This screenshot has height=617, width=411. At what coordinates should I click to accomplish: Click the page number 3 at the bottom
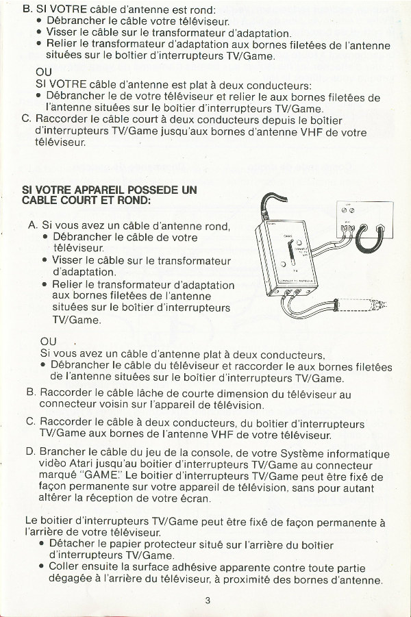point(208,601)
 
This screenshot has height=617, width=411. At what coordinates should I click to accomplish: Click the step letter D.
point(31,451)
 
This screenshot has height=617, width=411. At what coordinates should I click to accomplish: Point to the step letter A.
point(33,225)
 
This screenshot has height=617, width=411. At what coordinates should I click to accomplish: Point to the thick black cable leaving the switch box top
point(271,200)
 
